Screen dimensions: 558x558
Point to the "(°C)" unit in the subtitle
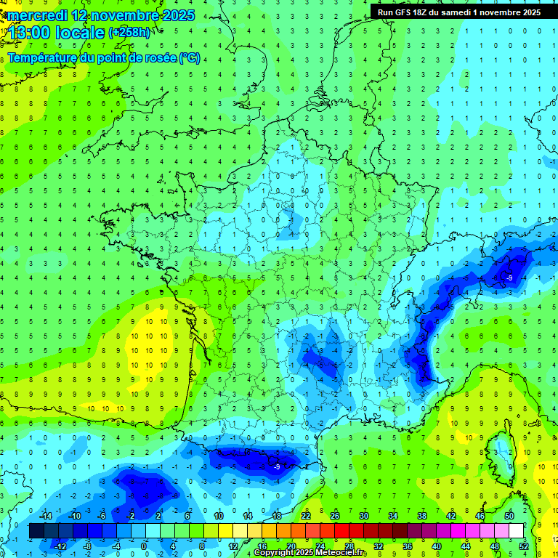189,57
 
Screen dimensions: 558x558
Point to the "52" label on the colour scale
524,546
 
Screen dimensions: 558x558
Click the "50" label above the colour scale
509,516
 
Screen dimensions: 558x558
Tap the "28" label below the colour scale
349,546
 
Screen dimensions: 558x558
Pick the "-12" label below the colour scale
61,546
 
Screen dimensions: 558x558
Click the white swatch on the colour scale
516,531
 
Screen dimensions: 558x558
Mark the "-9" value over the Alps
510,278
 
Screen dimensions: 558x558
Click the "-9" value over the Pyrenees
277,466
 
